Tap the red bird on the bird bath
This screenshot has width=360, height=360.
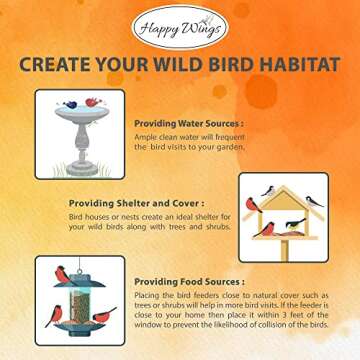point(93,102)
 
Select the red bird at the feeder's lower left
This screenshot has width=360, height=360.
point(54,314)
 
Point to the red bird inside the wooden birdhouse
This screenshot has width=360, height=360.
point(268,228)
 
